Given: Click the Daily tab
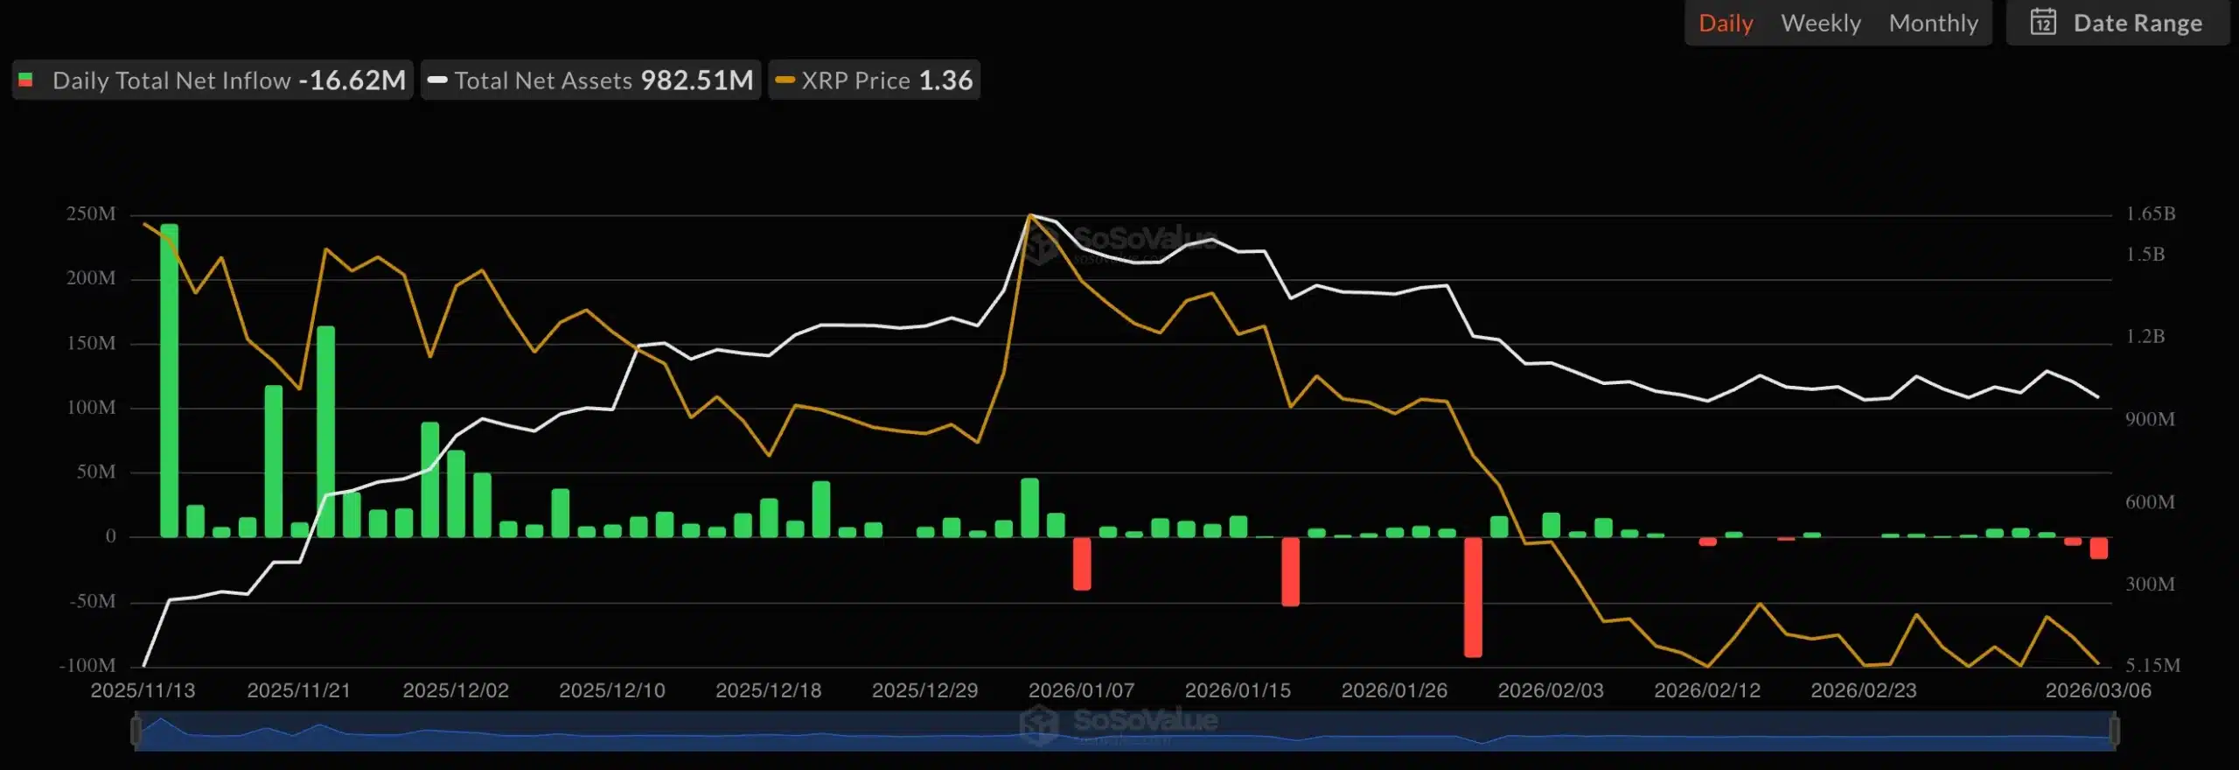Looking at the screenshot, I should pyautogui.click(x=1725, y=24).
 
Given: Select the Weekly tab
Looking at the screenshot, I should pyautogui.click(x=1820, y=24).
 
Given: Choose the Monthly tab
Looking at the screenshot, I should pyautogui.click(x=1933, y=24).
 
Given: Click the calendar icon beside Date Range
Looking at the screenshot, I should pyautogui.click(x=2042, y=22).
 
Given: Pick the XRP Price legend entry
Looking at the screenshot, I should pyautogui.click(x=874, y=80).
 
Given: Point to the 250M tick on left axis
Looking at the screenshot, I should pyautogui.click(x=91, y=214).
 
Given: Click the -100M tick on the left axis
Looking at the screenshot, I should pyautogui.click(x=87, y=666).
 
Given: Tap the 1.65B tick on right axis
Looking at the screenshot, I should pyautogui.click(x=2150, y=214).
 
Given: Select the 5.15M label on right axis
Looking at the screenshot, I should pyautogui.click(x=2152, y=666).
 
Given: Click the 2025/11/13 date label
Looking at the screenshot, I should pyautogui.click(x=143, y=690).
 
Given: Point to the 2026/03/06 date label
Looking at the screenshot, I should pyautogui.click(x=2097, y=690).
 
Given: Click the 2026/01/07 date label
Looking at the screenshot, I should pyautogui.click(x=1081, y=690).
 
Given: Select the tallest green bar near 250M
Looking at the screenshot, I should pyautogui.click(x=169, y=381).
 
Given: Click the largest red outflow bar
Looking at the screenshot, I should pyautogui.click(x=1473, y=597).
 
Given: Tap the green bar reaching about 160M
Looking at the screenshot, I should pyautogui.click(x=325, y=431).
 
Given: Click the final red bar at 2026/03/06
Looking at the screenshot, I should pyautogui.click(x=2098, y=548).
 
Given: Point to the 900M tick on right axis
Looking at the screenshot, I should pyautogui.click(x=2150, y=420).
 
